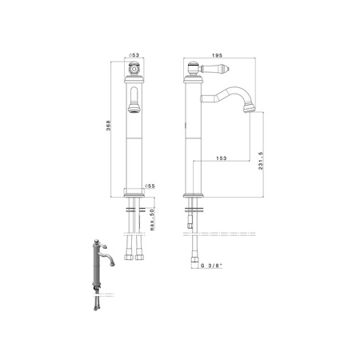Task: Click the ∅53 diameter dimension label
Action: pyautogui.click(x=134, y=55)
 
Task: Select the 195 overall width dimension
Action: pyautogui.click(x=217, y=55)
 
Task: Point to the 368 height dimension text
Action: pyautogui.click(x=108, y=126)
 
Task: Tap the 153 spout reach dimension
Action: pyautogui.click(x=222, y=158)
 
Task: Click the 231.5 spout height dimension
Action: pyautogui.click(x=261, y=161)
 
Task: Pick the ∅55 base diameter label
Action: pyautogui.click(x=150, y=186)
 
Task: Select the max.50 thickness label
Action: pyautogui.click(x=152, y=219)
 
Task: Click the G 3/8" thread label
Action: pyautogui.click(x=211, y=266)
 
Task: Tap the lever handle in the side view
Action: pyautogui.click(x=216, y=69)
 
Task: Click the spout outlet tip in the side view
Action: pyautogui.click(x=250, y=109)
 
